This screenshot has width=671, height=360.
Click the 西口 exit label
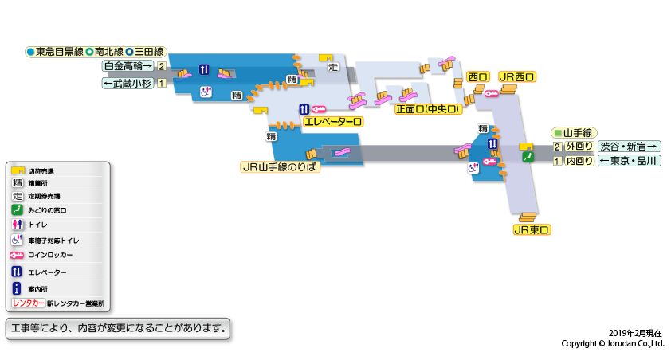(x=478, y=77)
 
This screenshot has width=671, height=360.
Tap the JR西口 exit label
(x=516, y=77)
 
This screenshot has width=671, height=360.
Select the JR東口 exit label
(x=532, y=230)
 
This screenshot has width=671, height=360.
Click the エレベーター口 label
(x=333, y=123)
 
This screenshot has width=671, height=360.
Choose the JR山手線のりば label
(x=280, y=167)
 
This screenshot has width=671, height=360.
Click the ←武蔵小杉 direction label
(x=128, y=83)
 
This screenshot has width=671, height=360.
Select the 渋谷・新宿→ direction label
(x=629, y=146)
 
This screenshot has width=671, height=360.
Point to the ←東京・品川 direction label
(x=629, y=161)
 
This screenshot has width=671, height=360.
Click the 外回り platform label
(x=579, y=146)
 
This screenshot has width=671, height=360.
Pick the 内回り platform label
(x=579, y=161)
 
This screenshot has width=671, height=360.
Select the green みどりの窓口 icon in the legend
(x=17, y=210)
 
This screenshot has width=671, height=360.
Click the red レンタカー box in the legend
(x=28, y=304)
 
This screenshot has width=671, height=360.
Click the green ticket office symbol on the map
(x=527, y=158)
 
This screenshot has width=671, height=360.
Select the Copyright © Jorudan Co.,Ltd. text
(x=612, y=344)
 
